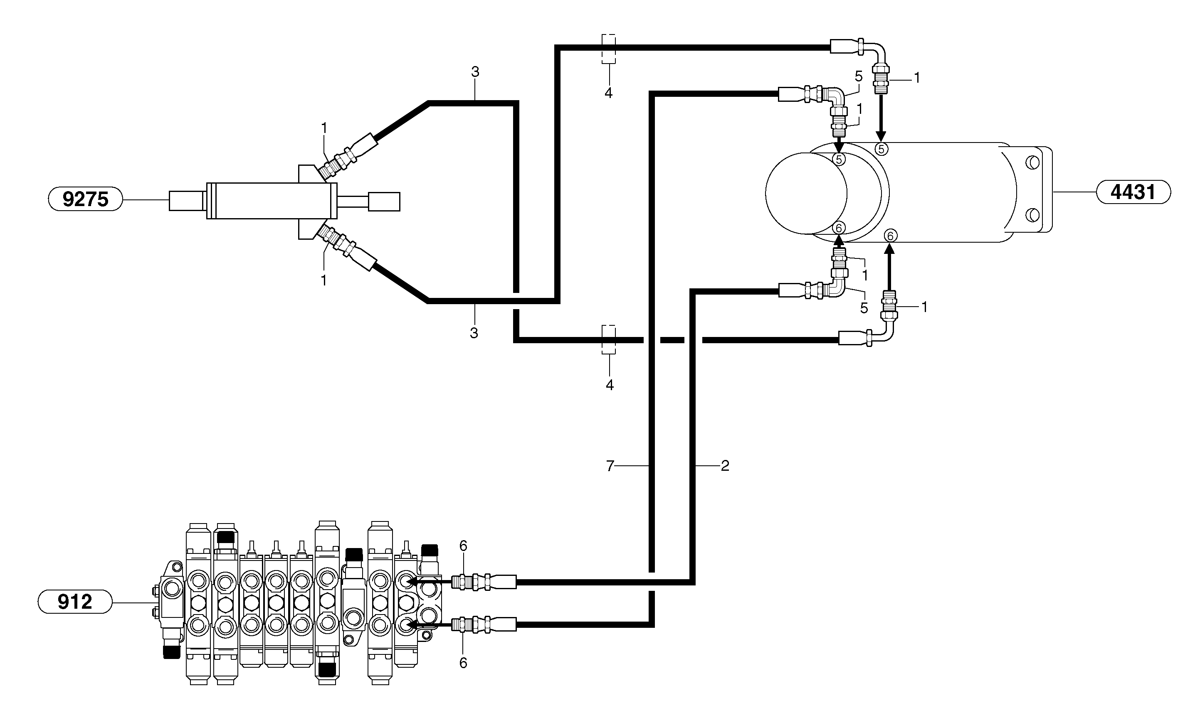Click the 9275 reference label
86,199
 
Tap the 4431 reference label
1133,192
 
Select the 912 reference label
74,602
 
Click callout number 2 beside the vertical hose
725,465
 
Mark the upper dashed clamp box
609,49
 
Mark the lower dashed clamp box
609,340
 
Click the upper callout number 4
609,93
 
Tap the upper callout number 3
475,72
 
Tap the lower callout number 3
474,333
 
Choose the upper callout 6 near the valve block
463,546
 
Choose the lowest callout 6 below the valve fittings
463,663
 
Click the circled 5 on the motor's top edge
881,149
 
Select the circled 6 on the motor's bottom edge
890,236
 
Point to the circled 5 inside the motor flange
839,160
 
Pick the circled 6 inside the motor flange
839,227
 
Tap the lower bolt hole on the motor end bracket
1032,215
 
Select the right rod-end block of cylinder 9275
384,202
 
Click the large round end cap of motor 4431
806,193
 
